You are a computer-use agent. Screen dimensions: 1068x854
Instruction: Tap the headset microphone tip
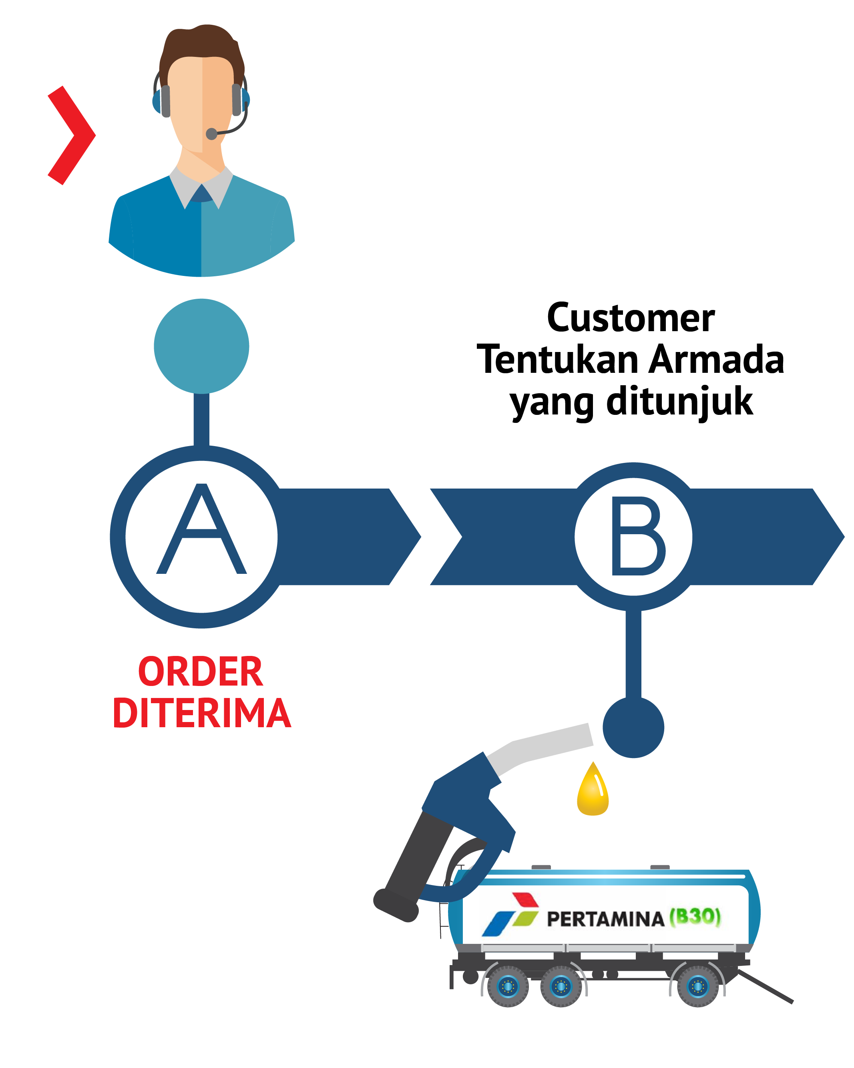211,134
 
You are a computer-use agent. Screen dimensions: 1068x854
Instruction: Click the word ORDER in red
200,672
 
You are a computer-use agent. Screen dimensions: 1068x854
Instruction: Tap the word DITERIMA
202,713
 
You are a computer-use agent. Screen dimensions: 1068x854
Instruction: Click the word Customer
630,318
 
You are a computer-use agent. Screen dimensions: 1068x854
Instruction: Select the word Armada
716,360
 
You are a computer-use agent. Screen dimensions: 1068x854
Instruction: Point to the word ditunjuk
679,401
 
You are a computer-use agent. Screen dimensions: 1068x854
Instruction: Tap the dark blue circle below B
633,728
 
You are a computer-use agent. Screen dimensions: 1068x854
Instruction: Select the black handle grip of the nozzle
416,862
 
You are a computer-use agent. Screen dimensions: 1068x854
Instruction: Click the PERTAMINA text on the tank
605,919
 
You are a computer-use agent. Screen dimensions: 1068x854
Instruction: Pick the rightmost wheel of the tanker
697,987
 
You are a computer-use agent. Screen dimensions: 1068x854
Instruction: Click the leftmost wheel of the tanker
508,987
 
